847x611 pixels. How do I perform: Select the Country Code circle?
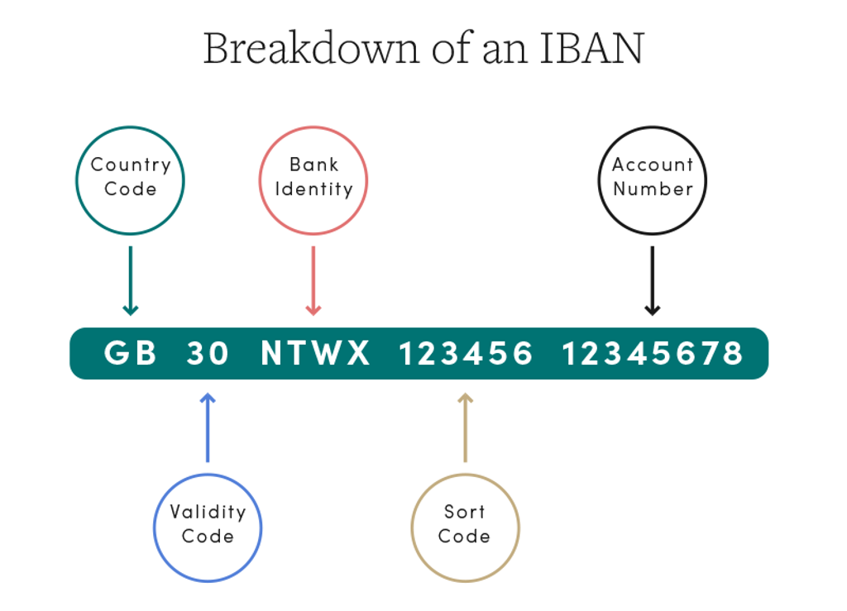(130, 180)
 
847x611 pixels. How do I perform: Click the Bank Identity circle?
(313, 180)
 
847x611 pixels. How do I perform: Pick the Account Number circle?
(652, 180)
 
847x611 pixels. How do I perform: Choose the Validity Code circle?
(208, 527)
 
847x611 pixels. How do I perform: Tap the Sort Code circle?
(465, 527)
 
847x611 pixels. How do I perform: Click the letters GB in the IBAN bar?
(131, 354)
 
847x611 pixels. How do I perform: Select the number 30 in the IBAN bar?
(208, 354)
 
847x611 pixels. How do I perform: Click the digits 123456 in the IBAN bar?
(466, 354)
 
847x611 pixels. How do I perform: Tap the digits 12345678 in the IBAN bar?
(653, 354)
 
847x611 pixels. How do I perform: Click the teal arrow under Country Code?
(130, 281)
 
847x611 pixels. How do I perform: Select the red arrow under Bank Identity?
(313, 281)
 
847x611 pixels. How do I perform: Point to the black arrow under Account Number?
(652, 281)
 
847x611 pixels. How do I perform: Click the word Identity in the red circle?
(313, 189)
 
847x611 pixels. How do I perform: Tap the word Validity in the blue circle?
(208, 512)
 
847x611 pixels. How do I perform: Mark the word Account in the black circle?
(652, 165)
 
